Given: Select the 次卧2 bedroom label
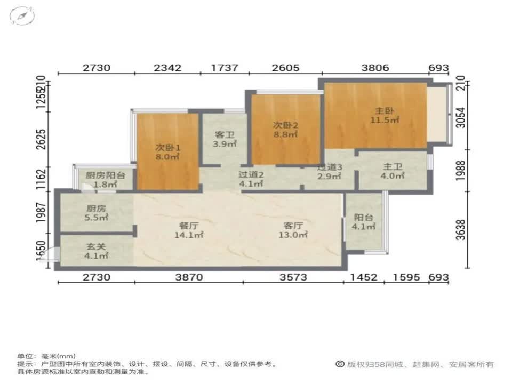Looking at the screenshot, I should [x=285, y=125].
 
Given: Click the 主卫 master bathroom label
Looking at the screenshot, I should [x=393, y=167].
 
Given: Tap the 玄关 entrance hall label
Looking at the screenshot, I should [x=97, y=247].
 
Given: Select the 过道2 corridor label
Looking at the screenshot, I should [x=251, y=174].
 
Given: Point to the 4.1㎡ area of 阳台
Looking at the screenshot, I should [x=364, y=226].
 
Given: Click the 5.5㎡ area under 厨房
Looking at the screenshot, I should [x=97, y=217].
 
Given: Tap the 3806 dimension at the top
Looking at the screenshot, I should [x=375, y=68].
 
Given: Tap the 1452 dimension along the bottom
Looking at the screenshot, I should [x=364, y=277].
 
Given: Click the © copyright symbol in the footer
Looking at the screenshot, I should [x=339, y=364].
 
